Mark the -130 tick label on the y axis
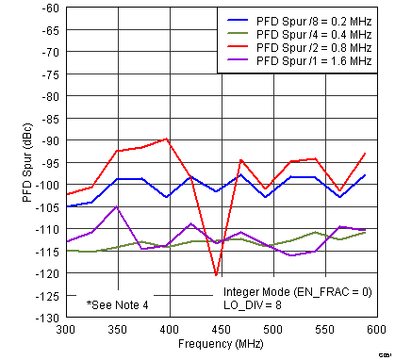click(x=45, y=318)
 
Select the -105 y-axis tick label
click(x=45, y=207)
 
